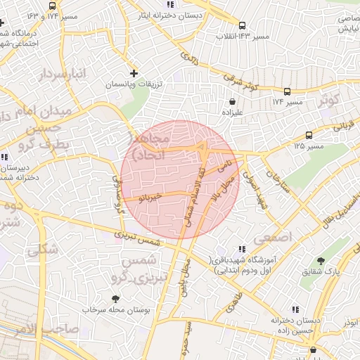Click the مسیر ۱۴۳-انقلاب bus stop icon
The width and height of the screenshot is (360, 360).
[x=243, y=24]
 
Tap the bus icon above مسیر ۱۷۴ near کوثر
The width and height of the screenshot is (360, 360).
[x=287, y=91]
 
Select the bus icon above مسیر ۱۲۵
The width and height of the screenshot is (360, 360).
[x=309, y=135]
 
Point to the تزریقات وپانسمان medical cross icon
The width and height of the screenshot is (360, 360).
[x=134, y=72]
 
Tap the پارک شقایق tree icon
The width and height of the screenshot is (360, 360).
[x=321, y=260]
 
